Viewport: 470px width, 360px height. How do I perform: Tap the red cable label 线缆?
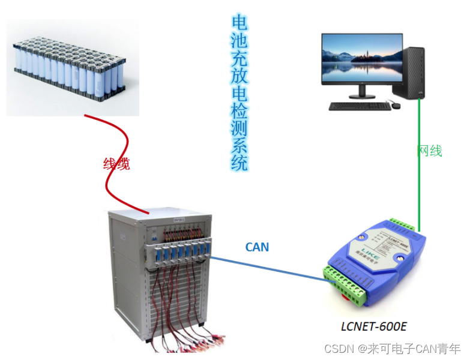(x=116, y=163)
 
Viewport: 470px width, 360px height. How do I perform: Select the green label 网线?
(x=430, y=151)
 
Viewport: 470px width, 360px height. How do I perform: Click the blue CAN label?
(x=257, y=247)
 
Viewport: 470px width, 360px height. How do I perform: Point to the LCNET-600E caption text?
(x=374, y=326)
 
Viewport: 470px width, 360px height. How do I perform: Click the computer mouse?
(x=396, y=106)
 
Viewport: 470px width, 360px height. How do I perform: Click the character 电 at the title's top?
(x=240, y=23)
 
